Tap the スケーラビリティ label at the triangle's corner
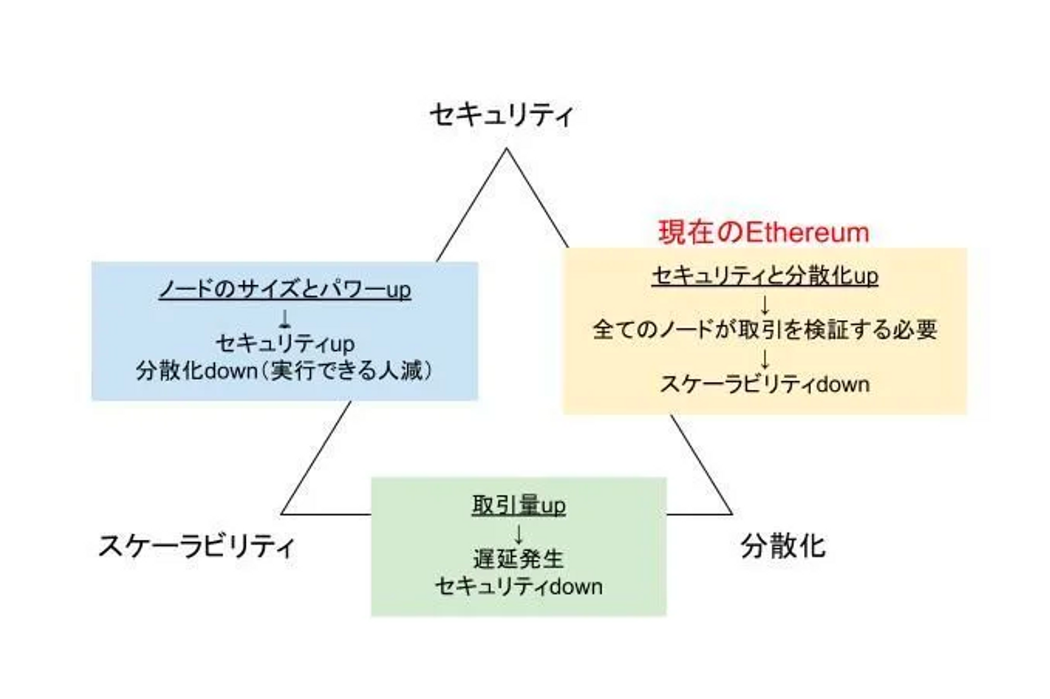[196, 547]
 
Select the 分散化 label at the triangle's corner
[783, 547]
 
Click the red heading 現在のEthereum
[764, 232]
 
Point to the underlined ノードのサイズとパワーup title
[285, 290]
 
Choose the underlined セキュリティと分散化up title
[765, 276]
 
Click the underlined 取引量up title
[519, 505]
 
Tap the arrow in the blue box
[285, 318]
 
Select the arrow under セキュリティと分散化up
[765, 305]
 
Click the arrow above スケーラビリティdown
[765, 359]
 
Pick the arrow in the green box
[519, 534]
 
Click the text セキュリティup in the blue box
[285, 344]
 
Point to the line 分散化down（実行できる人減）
[285, 371]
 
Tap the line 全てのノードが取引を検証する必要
[765, 330]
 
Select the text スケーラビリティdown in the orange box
[765, 384]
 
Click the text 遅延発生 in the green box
[519, 559]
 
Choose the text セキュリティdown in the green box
[519, 586]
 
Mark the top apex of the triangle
[506, 148]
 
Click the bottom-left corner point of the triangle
[281, 515]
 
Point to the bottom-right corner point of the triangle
[732, 515]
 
